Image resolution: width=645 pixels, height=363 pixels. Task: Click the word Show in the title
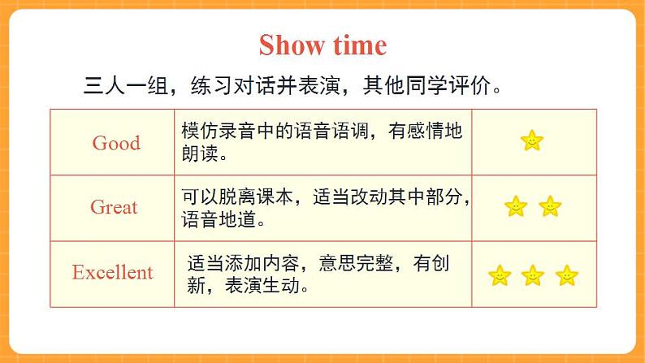[292, 45]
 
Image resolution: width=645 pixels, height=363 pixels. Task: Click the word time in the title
[360, 45]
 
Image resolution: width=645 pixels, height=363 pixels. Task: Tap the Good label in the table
[116, 143]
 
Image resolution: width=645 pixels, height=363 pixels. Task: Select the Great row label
[114, 207]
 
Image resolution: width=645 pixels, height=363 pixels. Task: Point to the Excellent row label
[113, 272]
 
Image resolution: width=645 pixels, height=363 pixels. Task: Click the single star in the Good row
[532, 140]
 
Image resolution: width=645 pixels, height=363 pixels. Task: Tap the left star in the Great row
[516, 206]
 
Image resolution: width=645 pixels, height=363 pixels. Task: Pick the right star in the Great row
[550, 206]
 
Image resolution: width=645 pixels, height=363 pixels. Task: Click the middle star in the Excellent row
[533, 275]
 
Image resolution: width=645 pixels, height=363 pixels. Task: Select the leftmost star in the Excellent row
[500, 275]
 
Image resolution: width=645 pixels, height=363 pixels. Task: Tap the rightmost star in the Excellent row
[567, 275]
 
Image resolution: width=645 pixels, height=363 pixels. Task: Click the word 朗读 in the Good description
[200, 153]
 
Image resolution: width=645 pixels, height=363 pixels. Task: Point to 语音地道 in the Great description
[219, 219]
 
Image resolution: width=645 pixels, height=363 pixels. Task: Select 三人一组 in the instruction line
[125, 85]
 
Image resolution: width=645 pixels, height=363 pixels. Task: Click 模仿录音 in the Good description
[219, 131]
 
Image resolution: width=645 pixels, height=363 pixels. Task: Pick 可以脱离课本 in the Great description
[237, 197]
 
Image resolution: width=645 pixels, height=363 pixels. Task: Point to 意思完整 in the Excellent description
[357, 263]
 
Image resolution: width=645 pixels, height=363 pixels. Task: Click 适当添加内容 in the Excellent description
[243, 263]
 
